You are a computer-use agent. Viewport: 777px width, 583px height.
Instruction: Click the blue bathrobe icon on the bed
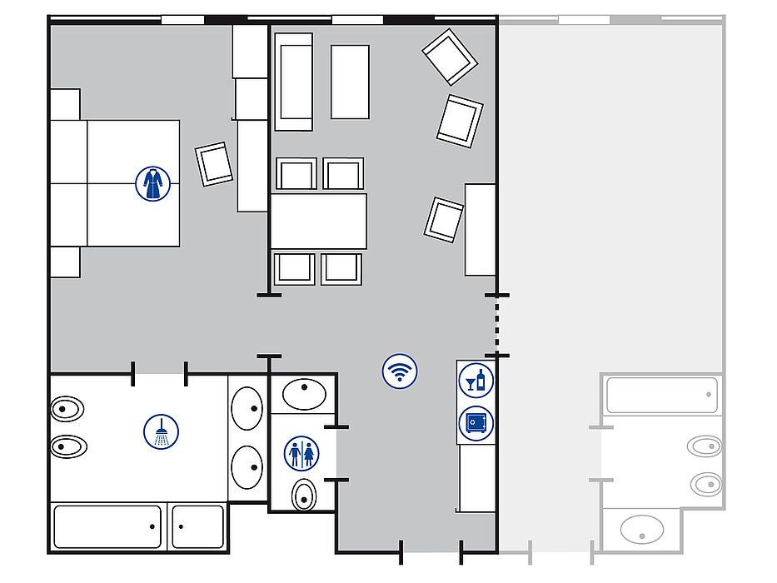pyautogui.click(x=152, y=183)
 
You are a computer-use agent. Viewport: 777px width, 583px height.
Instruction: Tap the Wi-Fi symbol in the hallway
pyautogui.click(x=400, y=371)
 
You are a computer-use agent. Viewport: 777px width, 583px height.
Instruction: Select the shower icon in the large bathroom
pyautogui.click(x=161, y=431)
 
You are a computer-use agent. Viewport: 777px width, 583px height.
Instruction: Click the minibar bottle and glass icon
pyautogui.click(x=476, y=380)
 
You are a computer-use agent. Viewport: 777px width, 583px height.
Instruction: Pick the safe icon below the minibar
pyautogui.click(x=476, y=423)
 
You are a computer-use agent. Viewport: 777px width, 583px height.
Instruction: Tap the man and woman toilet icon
pyautogui.click(x=301, y=453)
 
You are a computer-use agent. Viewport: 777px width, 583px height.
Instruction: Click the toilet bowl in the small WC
pyautogui.click(x=304, y=495)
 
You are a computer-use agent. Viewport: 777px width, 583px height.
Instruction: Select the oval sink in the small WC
pyautogui.click(x=304, y=392)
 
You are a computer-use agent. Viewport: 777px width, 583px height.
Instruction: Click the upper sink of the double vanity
pyautogui.click(x=247, y=408)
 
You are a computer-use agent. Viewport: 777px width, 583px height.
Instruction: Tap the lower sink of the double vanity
pyautogui.click(x=247, y=466)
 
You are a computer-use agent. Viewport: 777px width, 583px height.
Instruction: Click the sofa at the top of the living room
pyautogui.click(x=294, y=82)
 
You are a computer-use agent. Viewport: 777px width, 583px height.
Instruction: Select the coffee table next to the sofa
pyautogui.click(x=350, y=82)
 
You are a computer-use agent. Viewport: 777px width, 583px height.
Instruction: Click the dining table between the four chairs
pyautogui.click(x=318, y=221)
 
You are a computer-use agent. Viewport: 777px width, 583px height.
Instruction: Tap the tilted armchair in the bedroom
pyautogui.click(x=213, y=164)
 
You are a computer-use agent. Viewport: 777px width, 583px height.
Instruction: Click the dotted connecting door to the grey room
pyautogui.click(x=497, y=325)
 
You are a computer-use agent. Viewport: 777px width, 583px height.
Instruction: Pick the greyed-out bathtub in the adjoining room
pyautogui.click(x=661, y=395)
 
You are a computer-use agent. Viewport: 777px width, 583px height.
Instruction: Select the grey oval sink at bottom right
pyautogui.click(x=642, y=529)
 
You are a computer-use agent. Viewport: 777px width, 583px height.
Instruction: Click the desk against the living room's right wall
pyautogui.click(x=481, y=230)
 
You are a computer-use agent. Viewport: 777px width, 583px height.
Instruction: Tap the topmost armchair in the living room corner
pyautogui.click(x=450, y=57)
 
